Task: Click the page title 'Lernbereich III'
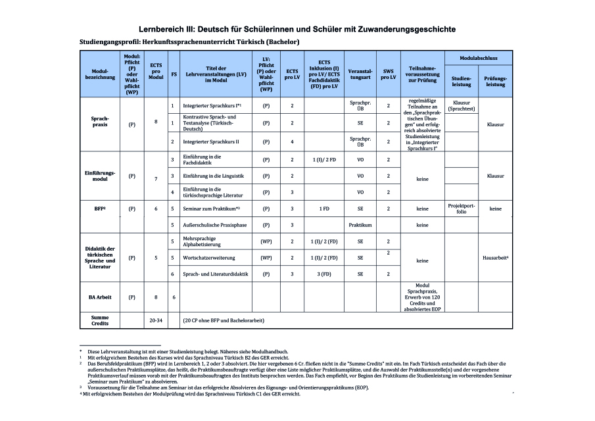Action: [x=297, y=30]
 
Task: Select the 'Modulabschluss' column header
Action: [x=478, y=58]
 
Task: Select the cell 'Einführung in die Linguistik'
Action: [x=213, y=176]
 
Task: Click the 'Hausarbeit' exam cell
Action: [x=496, y=257]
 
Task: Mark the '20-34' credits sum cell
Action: [x=156, y=320]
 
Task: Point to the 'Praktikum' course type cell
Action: [x=360, y=225]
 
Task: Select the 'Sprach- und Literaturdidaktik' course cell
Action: [x=219, y=274]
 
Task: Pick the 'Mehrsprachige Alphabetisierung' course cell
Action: [x=206, y=241]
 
